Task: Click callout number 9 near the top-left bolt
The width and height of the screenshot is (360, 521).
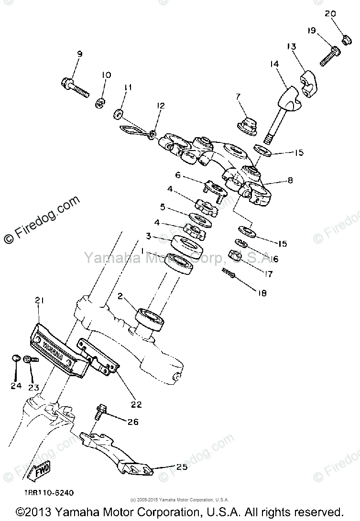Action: click(x=79, y=54)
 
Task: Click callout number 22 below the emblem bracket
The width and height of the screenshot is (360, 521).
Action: click(x=136, y=404)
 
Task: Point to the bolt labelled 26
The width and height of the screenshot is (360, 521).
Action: click(x=100, y=411)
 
